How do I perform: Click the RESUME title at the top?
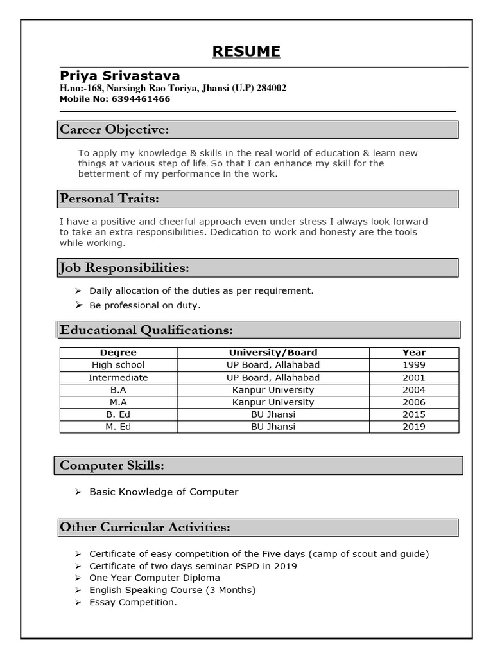246,51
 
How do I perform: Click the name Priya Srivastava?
120,76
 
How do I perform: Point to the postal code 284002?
272,88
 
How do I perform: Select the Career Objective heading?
114,130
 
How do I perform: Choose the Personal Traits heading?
109,199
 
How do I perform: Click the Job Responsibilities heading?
125,267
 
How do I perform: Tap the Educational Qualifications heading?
146,330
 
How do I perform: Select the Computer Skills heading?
112,465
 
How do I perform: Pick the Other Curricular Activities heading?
144,528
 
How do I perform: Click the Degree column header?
118,353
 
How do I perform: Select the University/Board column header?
273,353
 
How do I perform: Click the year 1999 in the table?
414,365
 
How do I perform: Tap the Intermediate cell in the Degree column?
118,378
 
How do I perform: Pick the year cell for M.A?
414,402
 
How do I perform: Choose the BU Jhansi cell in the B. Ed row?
273,414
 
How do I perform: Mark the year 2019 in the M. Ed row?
414,427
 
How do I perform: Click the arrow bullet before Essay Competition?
78,603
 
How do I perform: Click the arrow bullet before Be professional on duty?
78,305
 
